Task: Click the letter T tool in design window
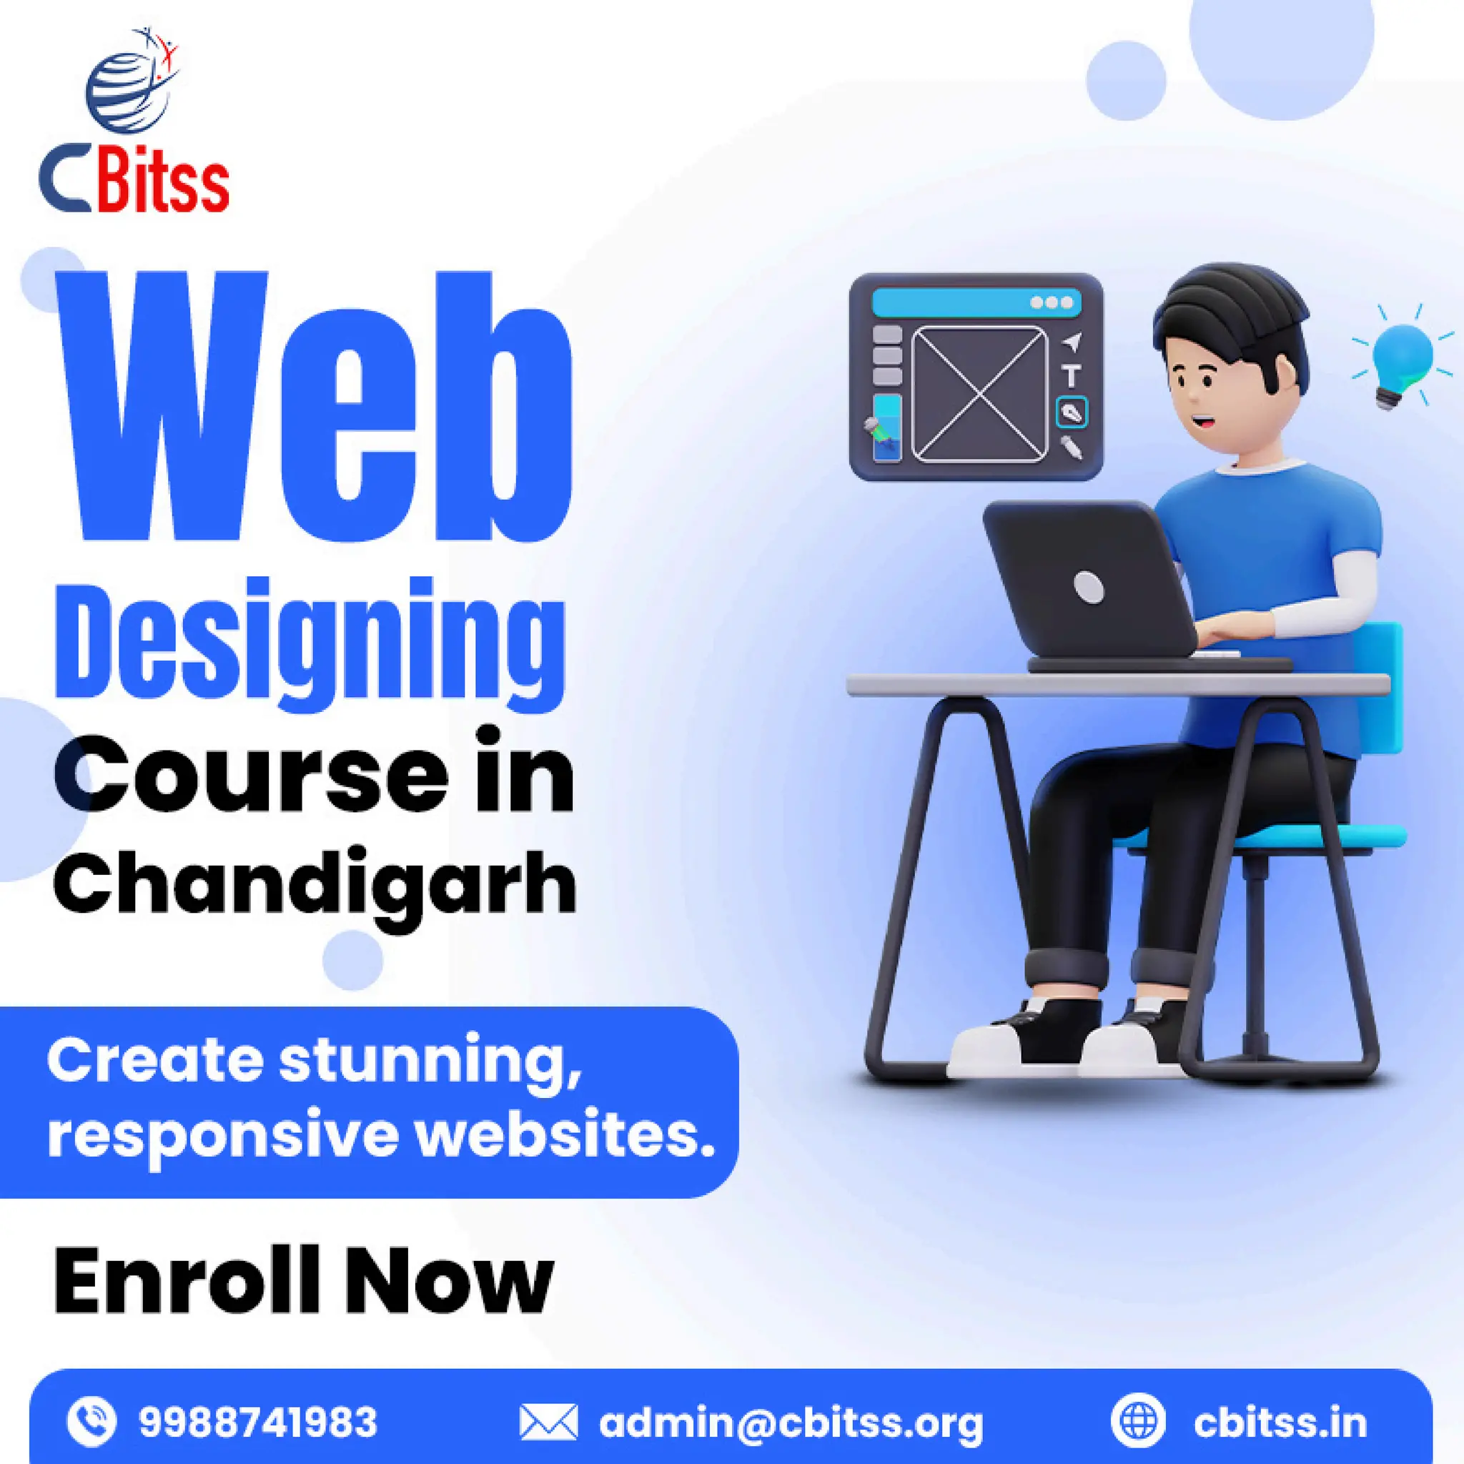coord(1071,375)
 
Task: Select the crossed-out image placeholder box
coord(980,393)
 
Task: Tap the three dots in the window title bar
coord(1051,303)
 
